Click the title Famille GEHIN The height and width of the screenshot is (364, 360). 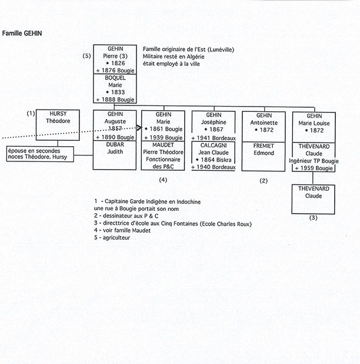point(22,34)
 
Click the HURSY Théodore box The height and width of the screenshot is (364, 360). point(58,123)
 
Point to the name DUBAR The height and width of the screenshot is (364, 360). point(114,144)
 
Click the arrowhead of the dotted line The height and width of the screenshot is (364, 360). point(142,127)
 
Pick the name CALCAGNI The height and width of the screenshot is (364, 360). point(214,144)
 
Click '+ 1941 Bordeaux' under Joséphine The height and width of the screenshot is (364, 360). point(214,137)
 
